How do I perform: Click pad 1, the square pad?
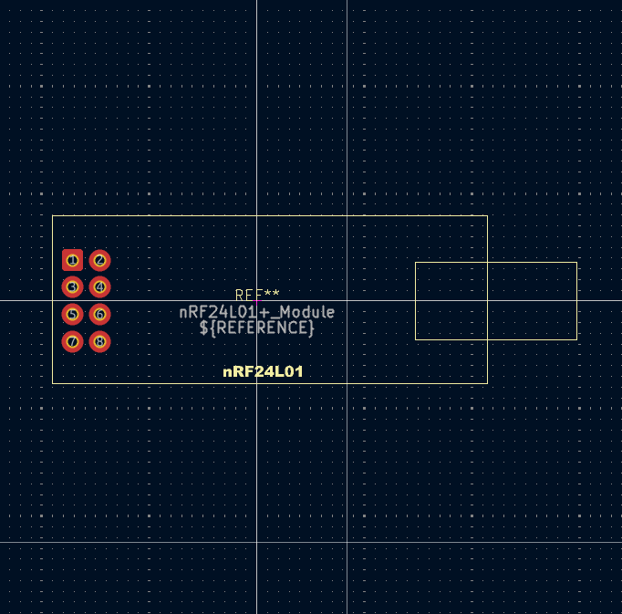tap(72, 260)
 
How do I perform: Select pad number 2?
tap(100, 260)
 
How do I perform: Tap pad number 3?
tap(72, 287)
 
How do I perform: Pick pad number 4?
tap(100, 287)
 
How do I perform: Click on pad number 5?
tap(72, 315)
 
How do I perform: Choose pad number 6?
tap(100, 315)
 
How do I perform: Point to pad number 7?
tap(72, 342)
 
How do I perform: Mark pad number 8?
tap(100, 342)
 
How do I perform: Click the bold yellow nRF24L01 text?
tap(263, 372)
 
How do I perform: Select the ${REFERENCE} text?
tap(257, 327)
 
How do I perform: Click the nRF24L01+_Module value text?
tap(257, 312)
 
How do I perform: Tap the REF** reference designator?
tap(257, 295)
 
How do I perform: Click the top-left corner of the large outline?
tap(53, 216)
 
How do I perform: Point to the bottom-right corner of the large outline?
tap(487, 382)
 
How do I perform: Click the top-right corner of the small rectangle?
tap(576, 263)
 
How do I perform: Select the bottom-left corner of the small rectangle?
tap(416, 339)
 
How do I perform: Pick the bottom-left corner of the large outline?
tap(53, 382)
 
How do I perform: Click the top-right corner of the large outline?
tap(487, 216)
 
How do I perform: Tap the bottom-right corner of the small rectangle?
tap(576, 339)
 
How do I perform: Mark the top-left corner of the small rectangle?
tap(416, 263)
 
